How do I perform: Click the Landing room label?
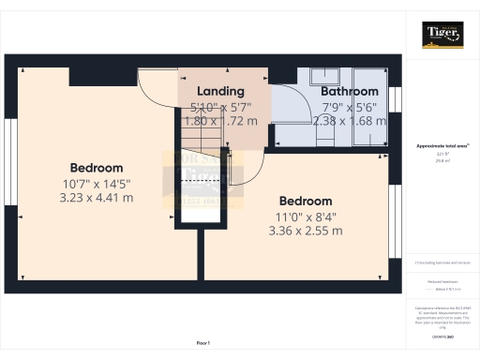coord(220,91)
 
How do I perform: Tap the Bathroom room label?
coord(349,91)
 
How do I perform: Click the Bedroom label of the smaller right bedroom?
coord(306,201)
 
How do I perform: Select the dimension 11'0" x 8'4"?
coord(306,216)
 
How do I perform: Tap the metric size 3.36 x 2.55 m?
coord(306,231)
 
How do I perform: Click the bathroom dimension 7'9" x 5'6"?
coord(349,106)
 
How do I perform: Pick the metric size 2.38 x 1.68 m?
coord(349,121)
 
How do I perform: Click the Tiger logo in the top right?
coord(442,35)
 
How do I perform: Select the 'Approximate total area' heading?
coord(442,145)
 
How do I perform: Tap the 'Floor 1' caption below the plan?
coord(203,344)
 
